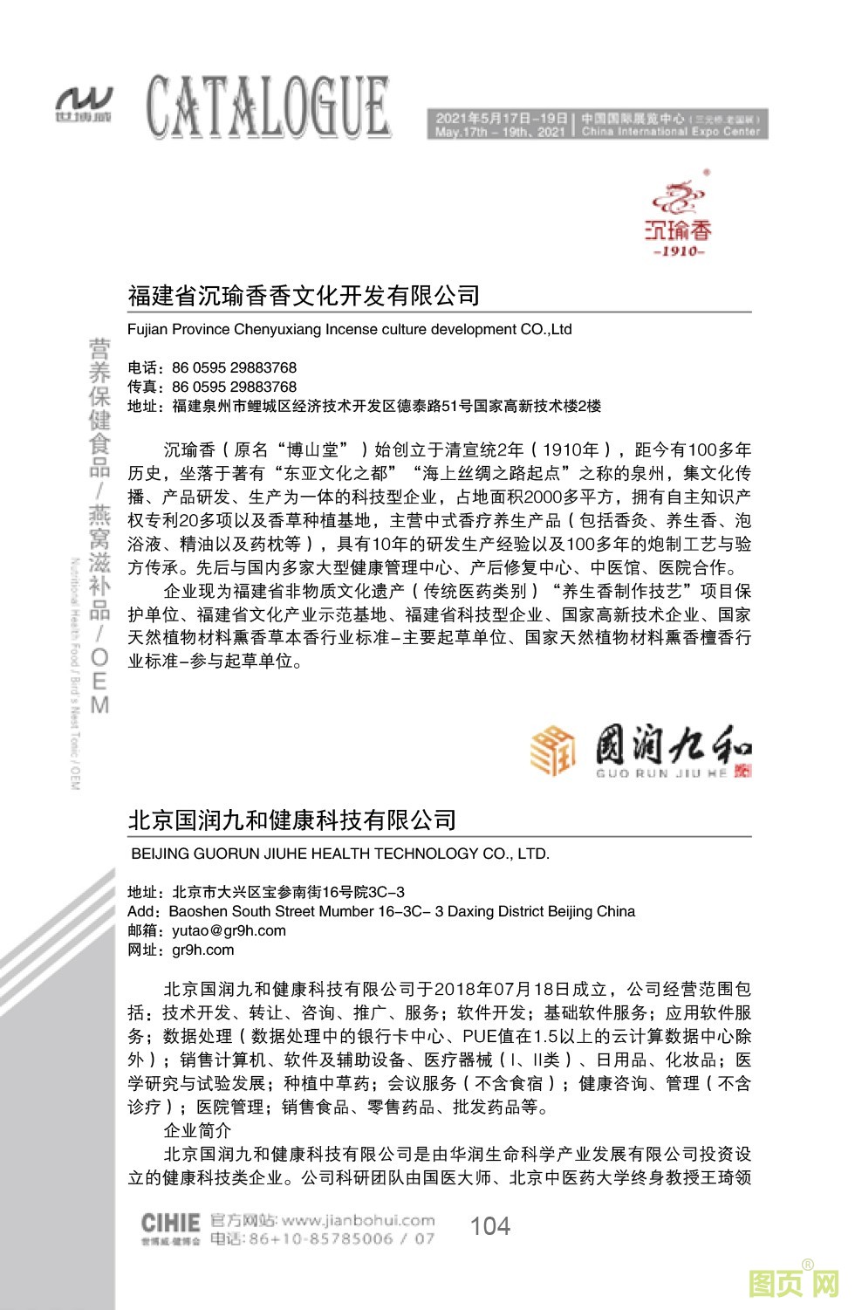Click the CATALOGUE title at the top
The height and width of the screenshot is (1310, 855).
point(268,106)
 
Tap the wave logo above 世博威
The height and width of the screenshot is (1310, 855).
point(85,99)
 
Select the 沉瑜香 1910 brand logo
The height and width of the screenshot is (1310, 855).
point(679,217)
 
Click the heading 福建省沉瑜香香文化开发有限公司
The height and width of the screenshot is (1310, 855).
point(304,296)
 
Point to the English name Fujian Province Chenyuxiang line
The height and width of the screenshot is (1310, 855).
point(349,329)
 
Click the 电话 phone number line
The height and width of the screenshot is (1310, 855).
point(212,367)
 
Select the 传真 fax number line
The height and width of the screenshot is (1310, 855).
point(212,387)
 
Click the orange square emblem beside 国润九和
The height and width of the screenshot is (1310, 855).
point(553,750)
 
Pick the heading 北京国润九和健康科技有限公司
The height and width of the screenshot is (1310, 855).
point(292,820)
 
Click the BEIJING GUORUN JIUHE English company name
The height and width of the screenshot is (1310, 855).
point(340,854)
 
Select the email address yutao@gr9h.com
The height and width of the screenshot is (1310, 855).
point(229,930)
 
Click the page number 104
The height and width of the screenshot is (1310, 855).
point(489,1226)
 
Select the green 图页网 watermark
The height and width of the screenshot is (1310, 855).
point(793,1283)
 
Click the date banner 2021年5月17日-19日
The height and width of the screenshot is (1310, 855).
point(502,118)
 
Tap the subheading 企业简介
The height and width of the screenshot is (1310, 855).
point(197,1130)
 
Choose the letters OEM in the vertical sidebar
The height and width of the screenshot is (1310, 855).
point(100,681)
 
